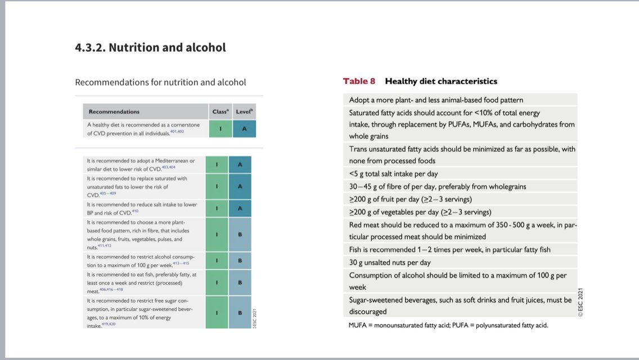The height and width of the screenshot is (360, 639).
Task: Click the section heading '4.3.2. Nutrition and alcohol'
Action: (150, 48)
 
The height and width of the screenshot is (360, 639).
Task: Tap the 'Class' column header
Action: (220, 111)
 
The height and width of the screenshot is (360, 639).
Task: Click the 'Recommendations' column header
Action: (114, 111)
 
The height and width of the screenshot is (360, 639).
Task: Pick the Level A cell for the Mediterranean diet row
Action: (240, 164)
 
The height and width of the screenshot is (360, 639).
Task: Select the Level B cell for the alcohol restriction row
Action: (240, 260)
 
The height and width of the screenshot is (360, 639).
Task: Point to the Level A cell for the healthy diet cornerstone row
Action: (244, 129)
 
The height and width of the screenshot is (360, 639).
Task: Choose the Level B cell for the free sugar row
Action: (240, 313)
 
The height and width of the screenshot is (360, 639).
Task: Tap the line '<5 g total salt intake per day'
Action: (393, 174)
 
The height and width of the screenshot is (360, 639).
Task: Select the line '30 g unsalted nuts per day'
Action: (390, 262)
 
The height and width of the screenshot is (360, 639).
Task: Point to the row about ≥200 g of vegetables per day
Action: (420, 212)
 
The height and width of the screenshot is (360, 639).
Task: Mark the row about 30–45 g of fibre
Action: (438, 186)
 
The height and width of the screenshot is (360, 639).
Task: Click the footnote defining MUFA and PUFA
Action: (448, 325)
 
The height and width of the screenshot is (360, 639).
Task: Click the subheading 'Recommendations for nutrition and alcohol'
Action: (160, 82)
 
